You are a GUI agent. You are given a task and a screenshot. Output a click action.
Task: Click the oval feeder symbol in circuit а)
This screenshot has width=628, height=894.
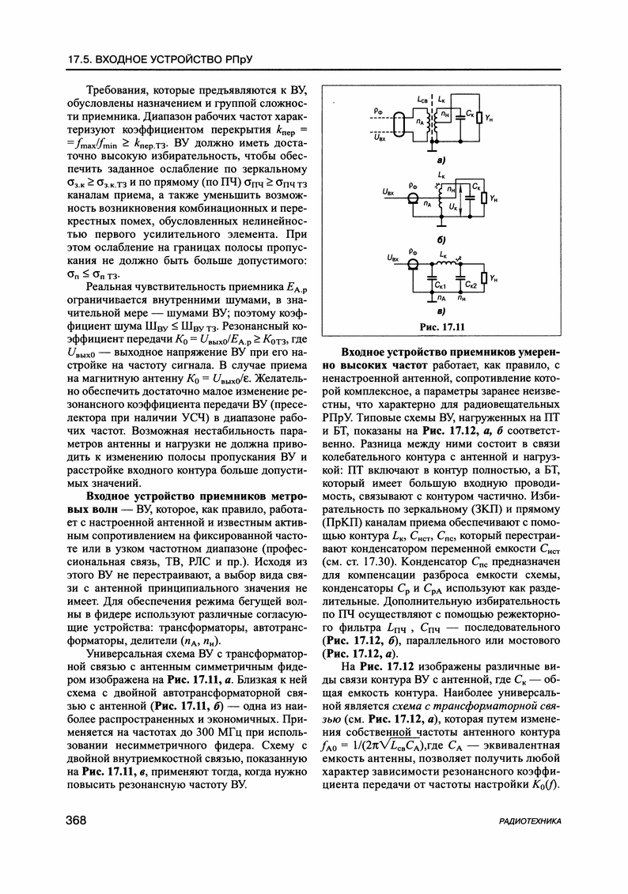coord(402,126)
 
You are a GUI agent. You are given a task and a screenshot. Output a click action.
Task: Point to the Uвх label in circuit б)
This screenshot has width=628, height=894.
coord(388,192)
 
